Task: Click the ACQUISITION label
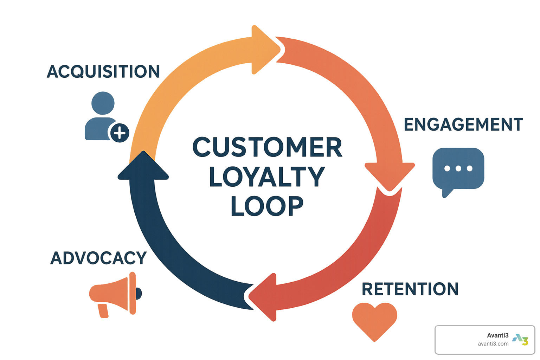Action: pos(103,72)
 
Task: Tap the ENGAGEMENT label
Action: pos(463,125)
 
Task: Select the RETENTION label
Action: pos(410,289)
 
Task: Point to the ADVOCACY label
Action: pos(98,258)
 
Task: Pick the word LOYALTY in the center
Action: pos(267,176)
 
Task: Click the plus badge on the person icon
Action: pos(120,133)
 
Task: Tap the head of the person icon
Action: pos(103,103)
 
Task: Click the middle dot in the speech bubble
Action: pos(458,168)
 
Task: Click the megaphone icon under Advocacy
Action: pos(114,295)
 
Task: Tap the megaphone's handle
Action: pos(103,311)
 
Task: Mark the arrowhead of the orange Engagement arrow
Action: pos(390,176)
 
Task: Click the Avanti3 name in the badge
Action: pos(497,335)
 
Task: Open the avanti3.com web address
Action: pos(493,344)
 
